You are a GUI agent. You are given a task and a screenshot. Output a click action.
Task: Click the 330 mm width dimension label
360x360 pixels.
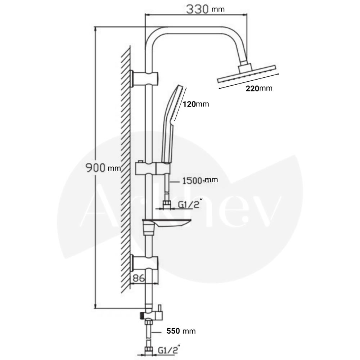(205, 9)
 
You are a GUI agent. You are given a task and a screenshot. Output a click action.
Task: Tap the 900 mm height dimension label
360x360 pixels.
(103, 168)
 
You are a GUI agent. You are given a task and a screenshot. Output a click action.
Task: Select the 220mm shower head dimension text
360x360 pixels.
(259, 89)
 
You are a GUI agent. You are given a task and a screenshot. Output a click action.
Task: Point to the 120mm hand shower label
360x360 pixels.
(196, 104)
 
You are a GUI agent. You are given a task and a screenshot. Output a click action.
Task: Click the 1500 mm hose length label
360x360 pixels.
(200, 180)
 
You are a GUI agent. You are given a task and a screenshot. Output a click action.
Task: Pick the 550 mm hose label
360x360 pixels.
(181, 331)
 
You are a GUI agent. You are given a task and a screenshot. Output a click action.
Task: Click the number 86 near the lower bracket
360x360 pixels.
(139, 278)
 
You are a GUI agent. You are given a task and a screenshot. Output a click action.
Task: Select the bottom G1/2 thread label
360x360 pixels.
(169, 350)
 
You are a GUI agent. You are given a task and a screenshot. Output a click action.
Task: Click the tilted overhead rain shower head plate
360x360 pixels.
(247, 73)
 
